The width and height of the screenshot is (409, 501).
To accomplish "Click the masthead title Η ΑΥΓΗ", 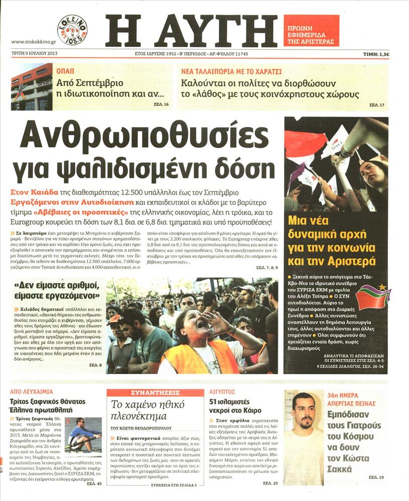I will tap(191, 31).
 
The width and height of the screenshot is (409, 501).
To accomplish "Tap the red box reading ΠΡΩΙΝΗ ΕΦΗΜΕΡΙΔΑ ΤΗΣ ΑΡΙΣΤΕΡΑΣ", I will tap(311, 31).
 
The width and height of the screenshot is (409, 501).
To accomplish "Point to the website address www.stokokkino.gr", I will tap(33, 42).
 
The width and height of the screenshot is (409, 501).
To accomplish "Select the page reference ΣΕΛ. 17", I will tap(376, 105).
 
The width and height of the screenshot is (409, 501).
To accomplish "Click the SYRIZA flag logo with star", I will tap(373, 297).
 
